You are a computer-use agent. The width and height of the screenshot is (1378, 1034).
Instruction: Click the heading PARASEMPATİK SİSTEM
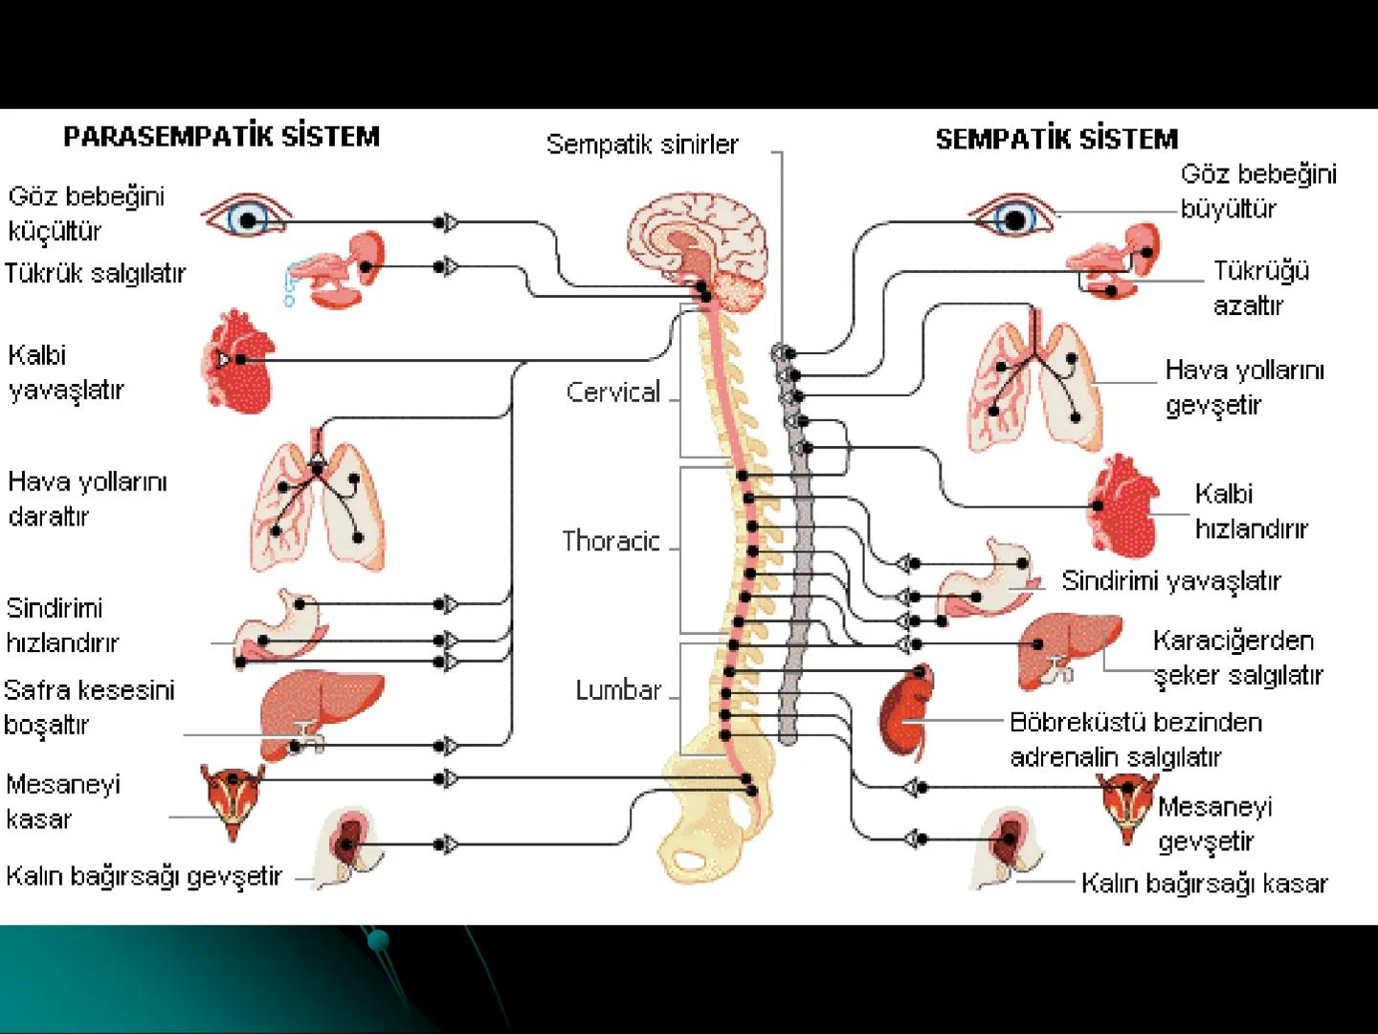click(x=221, y=136)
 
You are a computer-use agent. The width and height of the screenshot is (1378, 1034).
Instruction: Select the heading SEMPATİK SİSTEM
click(x=1056, y=140)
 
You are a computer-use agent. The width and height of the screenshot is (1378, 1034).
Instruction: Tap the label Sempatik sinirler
click(x=642, y=145)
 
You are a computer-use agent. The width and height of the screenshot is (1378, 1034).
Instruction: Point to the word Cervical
click(x=612, y=393)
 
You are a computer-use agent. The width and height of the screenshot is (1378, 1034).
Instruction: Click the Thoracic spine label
click(x=611, y=542)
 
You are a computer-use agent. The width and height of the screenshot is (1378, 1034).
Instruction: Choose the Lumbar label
click(x=618, y=690)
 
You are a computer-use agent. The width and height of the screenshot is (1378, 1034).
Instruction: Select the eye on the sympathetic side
click(x=1014, y=218)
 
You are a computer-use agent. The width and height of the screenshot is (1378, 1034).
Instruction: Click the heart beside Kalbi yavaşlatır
click(x=239, y=361)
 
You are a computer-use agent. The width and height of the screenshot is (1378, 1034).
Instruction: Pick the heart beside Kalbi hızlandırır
click(x=1122, y=506)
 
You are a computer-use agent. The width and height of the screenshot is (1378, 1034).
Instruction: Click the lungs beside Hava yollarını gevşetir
click(x=1035, y=380)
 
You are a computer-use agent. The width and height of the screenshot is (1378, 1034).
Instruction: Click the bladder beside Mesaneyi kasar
click(x=231, y=792)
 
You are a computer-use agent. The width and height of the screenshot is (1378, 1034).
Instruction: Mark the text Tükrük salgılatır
click(x=95, y=274)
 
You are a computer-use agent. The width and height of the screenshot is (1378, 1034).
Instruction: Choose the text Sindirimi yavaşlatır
click(x=1170, y=581)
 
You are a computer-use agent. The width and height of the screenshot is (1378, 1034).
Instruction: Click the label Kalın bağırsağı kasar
click(x=1204, y=884)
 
